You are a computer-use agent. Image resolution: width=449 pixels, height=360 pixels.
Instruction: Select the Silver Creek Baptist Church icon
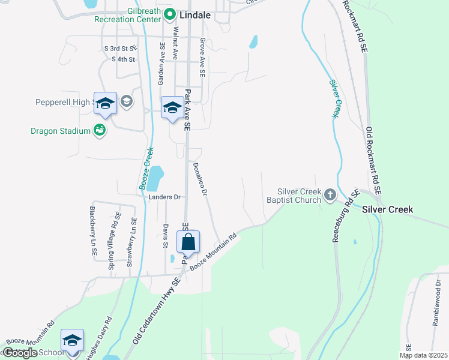coord(330,194)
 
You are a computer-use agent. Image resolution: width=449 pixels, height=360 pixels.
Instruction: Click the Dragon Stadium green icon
coord(100,130)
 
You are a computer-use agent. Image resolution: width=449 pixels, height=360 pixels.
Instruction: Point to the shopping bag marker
coord(188,242)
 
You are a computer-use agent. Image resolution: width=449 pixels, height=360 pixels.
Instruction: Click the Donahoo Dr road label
coord(200,181)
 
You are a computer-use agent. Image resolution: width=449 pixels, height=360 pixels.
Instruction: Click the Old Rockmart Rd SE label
coord(373,160)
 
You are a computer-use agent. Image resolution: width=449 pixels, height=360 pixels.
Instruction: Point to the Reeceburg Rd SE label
coord(345,217)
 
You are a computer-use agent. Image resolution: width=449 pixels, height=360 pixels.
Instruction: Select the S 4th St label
coord(124,59)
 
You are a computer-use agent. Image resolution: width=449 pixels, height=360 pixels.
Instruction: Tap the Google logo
coord(20,353)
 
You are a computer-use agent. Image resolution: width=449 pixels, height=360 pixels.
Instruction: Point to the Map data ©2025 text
coord(423,355)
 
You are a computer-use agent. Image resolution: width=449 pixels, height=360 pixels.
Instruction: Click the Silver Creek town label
coord(387,209)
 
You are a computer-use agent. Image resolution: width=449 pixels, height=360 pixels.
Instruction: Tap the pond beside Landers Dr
coord(155,178)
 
